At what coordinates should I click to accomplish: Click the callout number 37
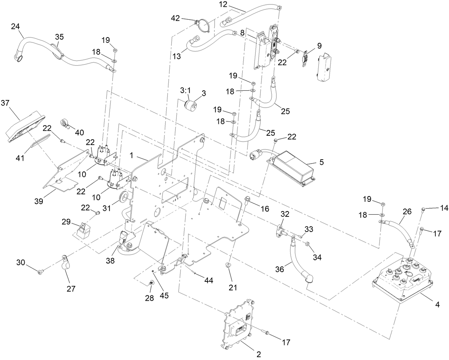coord(15,103)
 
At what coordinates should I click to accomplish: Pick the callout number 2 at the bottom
coord(259,354)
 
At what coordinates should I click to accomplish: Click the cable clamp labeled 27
coord(65,260)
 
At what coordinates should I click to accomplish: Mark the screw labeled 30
coord(40,272)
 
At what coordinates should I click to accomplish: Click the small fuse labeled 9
coord(305,59)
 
